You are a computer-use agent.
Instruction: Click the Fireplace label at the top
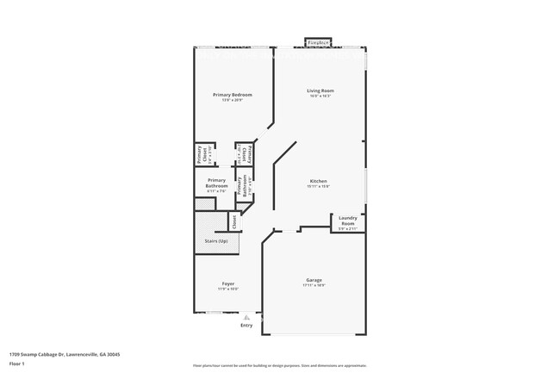(x=320, y=41)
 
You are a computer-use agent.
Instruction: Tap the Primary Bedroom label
(x=229, y=94)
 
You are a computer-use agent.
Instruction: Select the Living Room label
(x=320, y=90)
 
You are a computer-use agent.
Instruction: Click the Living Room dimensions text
(x=320, y=96)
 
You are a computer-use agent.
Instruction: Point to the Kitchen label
(x=319, y=181)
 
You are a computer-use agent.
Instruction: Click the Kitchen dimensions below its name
(x=319, y=187)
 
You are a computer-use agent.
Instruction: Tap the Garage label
(x=314, y=280)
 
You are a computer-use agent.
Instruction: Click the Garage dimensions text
(x=314, y=286)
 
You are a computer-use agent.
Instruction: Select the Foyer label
(x=228, y=283)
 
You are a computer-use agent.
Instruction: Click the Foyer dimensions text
(x=228, y=289)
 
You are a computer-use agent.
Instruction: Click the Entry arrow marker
(x=246, y=317)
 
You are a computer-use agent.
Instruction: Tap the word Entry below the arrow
(x=246, y=326)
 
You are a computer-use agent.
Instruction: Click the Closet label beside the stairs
(x=233, y=221)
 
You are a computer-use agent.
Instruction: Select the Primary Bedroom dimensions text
(x=229, y=100)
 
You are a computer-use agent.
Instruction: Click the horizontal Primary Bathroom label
(x=216, y=183)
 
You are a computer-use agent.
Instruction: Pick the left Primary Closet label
(x=200, y=155)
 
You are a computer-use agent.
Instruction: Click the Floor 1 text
(x=17, y=364)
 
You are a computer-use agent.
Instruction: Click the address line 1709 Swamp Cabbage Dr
(x=65, y=354)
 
